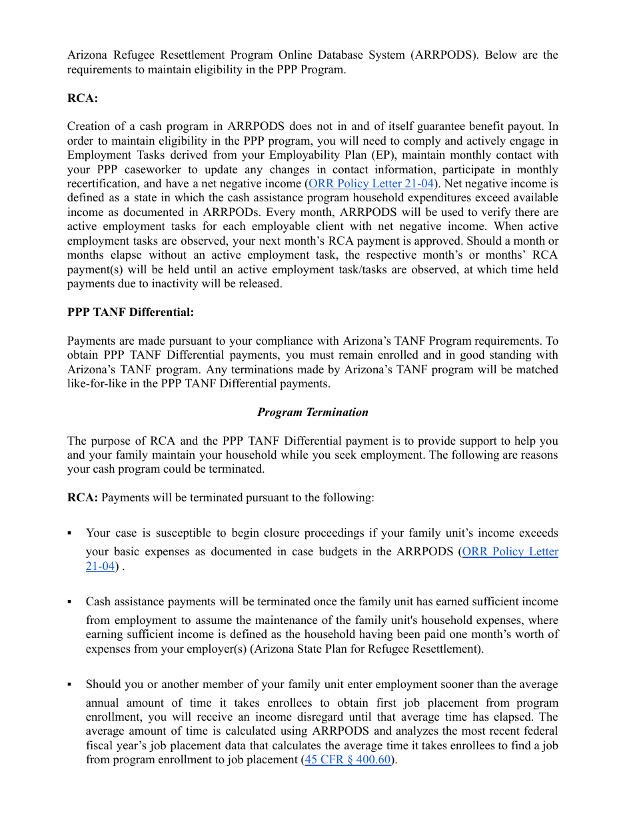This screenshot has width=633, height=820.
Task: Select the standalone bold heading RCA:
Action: [83, 98]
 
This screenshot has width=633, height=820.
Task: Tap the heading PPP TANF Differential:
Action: [131, 312]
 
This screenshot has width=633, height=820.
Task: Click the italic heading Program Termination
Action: [313, 412]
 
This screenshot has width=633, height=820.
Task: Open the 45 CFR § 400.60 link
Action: [348, 759]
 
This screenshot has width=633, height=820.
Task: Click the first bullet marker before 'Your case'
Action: [70, 533]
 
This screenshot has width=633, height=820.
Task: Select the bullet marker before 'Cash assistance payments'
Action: [70, 602]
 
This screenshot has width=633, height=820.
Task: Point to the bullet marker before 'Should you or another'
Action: [70, 685]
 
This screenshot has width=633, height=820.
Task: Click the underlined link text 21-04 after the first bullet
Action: [100, 566]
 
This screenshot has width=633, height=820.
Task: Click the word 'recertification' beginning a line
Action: [99, 183]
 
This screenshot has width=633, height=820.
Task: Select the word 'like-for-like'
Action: [99, 383]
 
